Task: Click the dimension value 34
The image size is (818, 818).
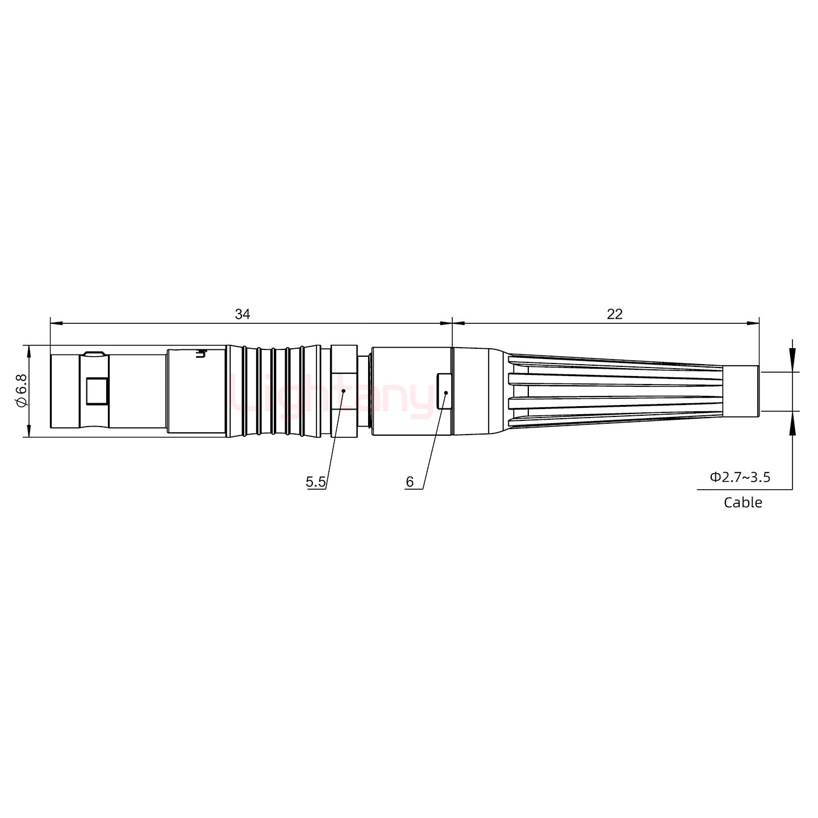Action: point(243,314)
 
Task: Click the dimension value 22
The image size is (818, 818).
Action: point(615,314)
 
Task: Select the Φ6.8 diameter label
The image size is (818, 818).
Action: point(22,391)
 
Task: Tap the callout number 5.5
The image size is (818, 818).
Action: point(316,482)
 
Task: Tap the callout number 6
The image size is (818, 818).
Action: point(410,482)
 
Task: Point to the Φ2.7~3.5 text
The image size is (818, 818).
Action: point(740,477)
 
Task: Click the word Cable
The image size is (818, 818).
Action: point(743,502)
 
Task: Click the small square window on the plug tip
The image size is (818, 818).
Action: point(97,391)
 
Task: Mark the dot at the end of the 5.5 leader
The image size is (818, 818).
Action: point(344,391)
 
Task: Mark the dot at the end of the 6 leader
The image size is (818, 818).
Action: point(446,393)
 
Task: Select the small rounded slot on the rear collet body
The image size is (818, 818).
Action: point(444,391)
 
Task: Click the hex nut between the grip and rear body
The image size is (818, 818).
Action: point(344,391)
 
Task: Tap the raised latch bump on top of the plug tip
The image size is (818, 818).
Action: point(93,354)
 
